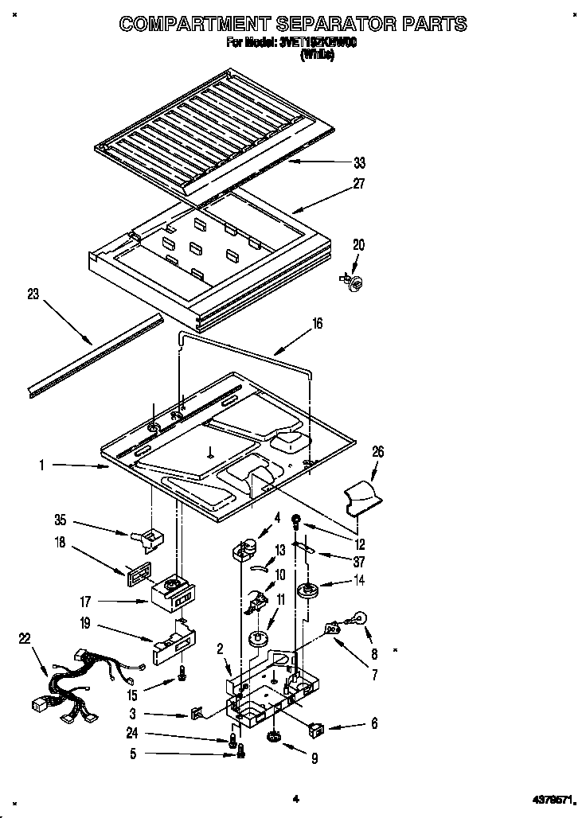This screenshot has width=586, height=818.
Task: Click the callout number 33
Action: pyautogui.click(x=360, y=163)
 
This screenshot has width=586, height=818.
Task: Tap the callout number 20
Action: pyautogui.click(x=358, y=246)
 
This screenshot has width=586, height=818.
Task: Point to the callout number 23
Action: pyautogui.click(x=33, y=294)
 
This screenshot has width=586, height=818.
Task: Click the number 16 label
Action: pyautogui.click(x=317, y=324)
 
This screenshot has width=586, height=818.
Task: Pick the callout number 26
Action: pyautogui.click(x=377, y=451)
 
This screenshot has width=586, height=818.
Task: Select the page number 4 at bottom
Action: pyautogui.click(x=295, y=798)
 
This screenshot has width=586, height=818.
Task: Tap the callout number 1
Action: pyautogui.click(x=41, y=464)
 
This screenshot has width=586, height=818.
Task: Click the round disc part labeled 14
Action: pyautogui.click(x=305, y=590)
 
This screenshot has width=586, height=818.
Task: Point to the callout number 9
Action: pyautogui.click(x=314, y=759)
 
